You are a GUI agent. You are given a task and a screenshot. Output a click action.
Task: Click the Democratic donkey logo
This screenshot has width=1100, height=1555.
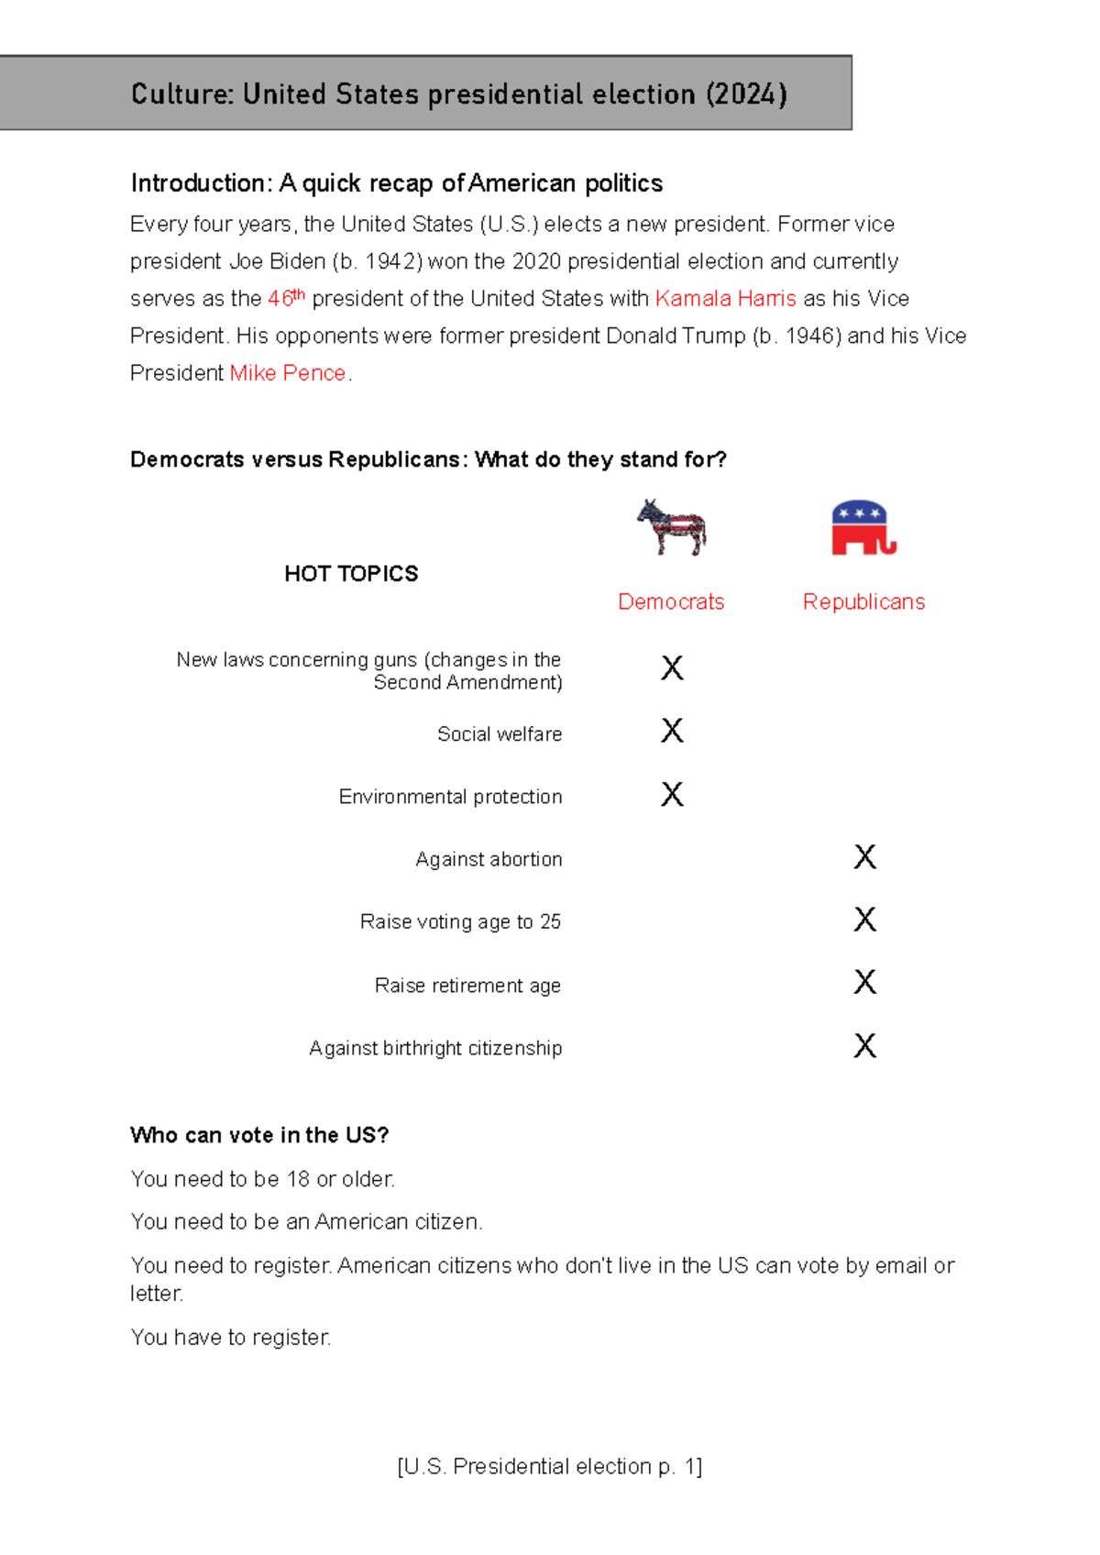click(x=672, y=527)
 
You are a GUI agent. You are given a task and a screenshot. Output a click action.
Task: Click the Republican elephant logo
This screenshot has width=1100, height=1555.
click(x=863, y=528)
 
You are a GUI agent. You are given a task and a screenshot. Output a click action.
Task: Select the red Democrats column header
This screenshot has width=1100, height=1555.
click(x=671, y=601)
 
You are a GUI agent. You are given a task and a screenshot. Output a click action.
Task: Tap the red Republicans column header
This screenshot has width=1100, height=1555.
click(x=863, y=601)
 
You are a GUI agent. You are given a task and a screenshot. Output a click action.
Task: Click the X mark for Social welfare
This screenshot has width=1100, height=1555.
click(x=672, y=731)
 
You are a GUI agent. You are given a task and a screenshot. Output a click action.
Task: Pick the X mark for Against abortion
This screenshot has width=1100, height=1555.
click(x=864, y=857)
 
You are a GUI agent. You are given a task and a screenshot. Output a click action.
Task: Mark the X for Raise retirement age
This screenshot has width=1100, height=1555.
click(x=864, y=983)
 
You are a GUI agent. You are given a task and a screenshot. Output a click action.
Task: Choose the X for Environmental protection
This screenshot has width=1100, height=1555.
click(x=672, y=794)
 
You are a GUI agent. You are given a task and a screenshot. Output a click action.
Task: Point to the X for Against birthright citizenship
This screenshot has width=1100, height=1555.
click(x=864, y=1046)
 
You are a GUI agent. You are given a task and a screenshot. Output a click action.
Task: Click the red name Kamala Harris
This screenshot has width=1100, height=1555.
click(x=725, y=299)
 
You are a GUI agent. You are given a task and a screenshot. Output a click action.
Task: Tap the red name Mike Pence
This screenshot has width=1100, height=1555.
click(x=287, y=373)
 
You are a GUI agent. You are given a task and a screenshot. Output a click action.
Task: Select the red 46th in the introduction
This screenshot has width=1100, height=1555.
click(x=285, y=298)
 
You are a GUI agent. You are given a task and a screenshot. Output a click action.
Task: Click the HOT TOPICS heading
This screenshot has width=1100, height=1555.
click(x=351, y=574)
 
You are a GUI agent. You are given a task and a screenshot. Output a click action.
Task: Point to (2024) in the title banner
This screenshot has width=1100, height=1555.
click(x=746, y=94)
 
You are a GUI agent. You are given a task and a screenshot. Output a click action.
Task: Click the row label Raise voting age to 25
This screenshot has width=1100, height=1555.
click(x=460, y=921)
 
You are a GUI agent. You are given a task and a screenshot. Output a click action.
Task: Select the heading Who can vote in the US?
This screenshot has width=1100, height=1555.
click(x=259, y=1135)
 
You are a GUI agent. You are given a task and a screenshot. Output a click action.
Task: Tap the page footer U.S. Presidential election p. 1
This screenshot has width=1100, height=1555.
click(x=550, y=1466)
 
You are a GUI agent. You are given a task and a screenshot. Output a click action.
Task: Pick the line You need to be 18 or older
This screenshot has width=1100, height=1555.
click(x=262, y=1179)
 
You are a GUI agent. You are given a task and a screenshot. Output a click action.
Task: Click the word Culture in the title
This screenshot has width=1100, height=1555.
click(x=181, y=94)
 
